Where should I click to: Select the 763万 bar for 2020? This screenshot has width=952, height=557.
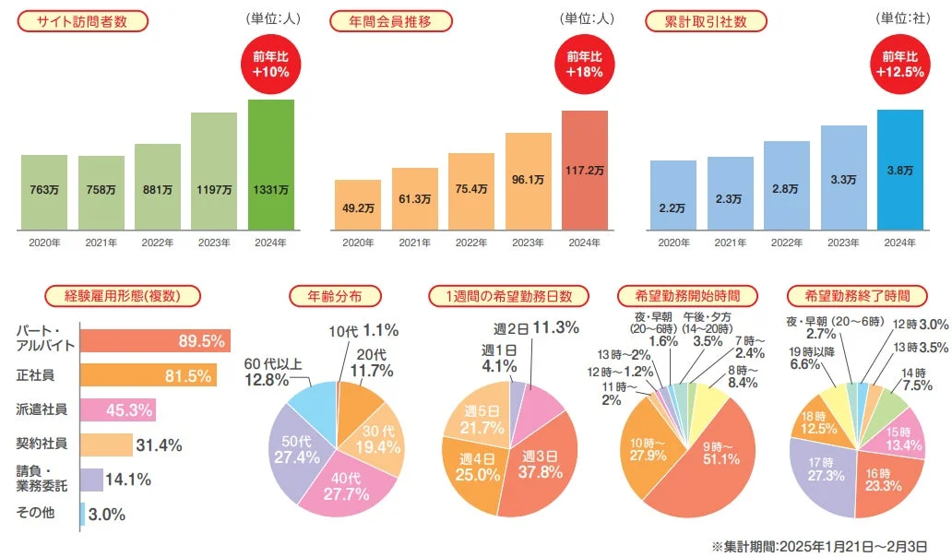click(44, 191)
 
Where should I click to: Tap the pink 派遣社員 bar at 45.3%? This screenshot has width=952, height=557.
click(117, 409)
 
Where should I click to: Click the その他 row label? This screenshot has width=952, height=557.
click(35, 514)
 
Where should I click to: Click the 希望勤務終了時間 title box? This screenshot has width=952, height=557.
click(857, 296)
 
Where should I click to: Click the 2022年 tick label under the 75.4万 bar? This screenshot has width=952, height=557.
click(471, 243)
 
